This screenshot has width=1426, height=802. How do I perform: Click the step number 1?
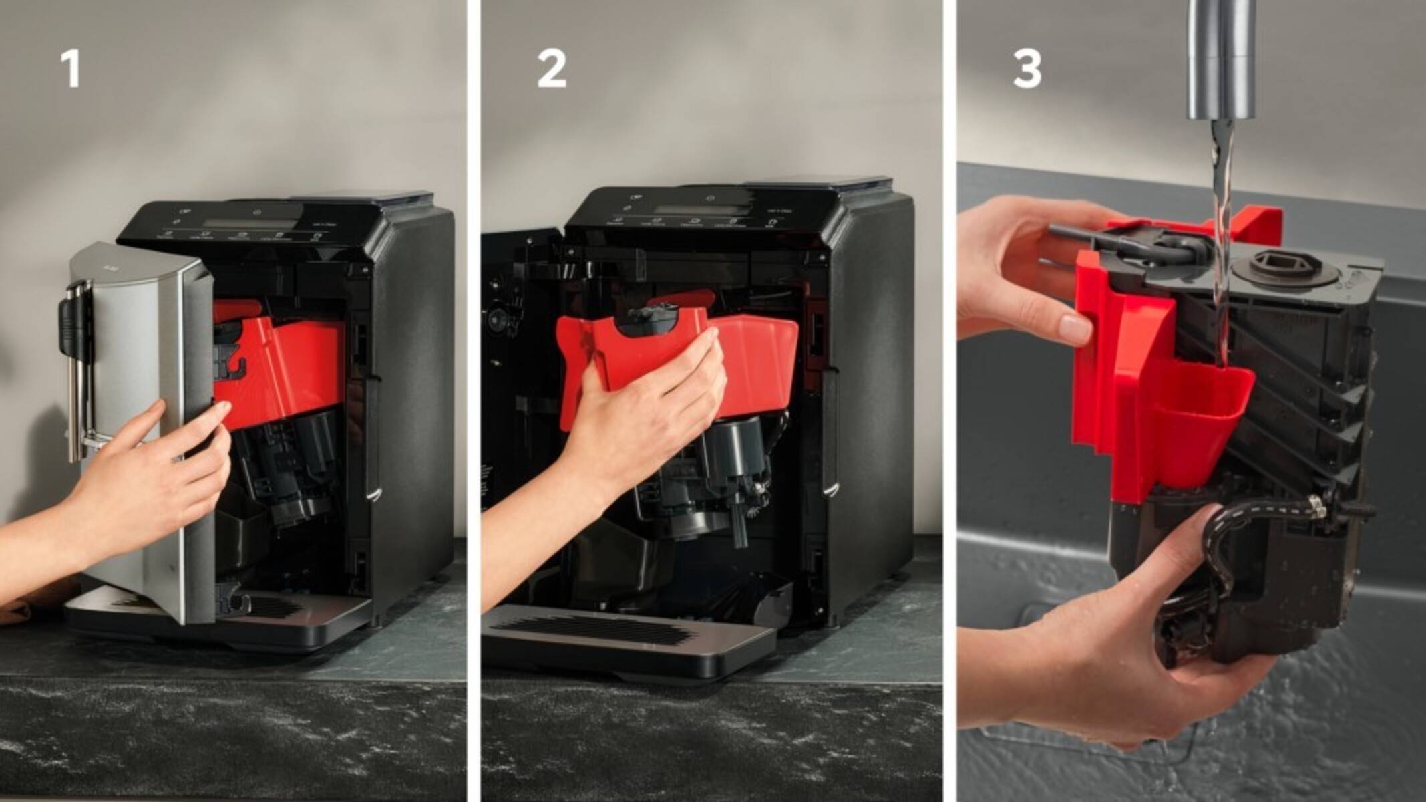(x=70, y=70)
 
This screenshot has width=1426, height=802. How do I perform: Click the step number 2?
(x=552, y=70)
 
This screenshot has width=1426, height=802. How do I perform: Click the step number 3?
(x=1027, y=70)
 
